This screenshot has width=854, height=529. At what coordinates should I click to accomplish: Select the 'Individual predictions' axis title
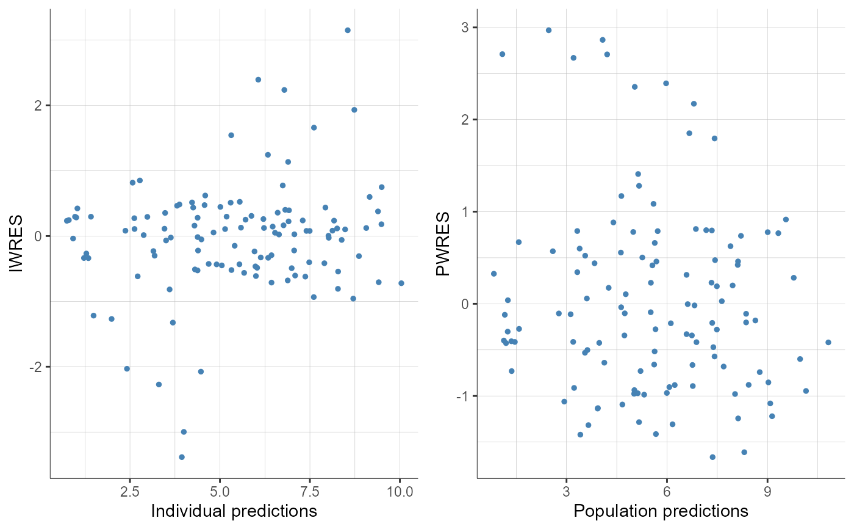234,511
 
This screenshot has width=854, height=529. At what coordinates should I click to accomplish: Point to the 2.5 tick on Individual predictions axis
129,491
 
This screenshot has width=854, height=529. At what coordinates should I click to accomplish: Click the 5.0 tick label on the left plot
220,491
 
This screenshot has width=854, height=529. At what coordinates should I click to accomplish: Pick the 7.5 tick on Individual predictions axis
309,491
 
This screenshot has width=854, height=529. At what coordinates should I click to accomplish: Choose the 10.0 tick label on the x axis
400,491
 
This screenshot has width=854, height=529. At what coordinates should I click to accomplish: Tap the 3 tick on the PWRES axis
465,27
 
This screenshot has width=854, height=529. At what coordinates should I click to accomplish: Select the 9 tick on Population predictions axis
767,491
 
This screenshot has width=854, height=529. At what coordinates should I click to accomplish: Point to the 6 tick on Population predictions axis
667,491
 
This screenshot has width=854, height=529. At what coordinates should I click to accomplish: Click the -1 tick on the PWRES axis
463,396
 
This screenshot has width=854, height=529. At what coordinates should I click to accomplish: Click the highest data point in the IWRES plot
348,30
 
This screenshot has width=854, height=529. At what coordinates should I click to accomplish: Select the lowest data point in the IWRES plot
181,457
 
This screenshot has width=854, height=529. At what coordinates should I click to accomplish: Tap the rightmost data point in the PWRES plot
828,342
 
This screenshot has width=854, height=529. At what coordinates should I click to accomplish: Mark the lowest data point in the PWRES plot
712,457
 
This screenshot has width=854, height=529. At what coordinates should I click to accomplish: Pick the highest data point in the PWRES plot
548,30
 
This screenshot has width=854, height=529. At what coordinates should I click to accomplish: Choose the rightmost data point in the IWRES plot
401,283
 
